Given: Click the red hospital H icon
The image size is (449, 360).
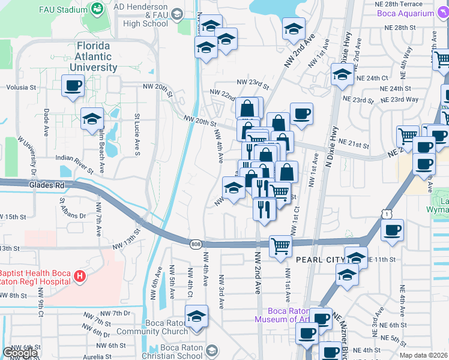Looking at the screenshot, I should [80, 277].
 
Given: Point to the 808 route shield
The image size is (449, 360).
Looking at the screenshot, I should [196, 244].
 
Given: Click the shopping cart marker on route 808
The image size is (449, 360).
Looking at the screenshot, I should [280, 245].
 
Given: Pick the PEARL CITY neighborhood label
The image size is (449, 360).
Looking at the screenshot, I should [318, 259].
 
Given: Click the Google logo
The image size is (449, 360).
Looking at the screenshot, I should [20, 353].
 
